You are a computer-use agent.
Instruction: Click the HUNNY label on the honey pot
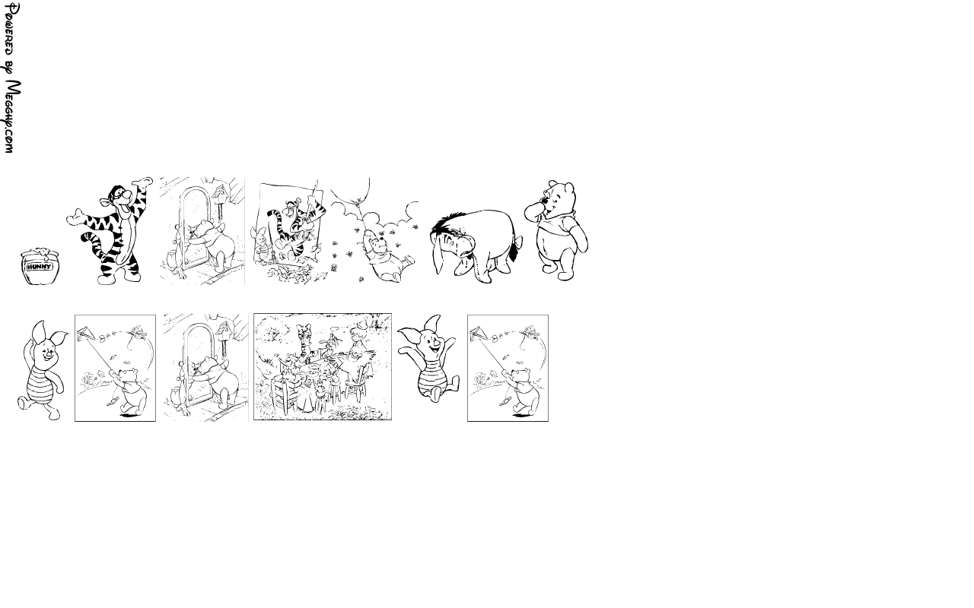tap(39, 267)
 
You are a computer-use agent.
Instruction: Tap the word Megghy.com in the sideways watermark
tap(12, 116)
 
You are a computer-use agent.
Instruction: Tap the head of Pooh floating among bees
tap(376, 241)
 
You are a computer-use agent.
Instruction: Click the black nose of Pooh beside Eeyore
tap(543, 201)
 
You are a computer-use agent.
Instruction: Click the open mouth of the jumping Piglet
tap(435, 352)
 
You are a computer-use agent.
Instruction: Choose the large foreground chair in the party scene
tap(285, 394)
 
